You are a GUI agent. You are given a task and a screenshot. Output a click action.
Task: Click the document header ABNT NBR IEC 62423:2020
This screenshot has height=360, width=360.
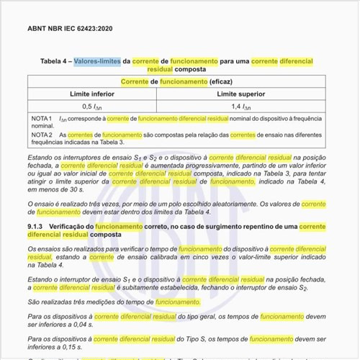[x=70, y=29]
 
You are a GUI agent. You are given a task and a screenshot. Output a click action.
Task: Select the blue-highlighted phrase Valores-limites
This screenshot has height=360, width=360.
[x=97, y=62]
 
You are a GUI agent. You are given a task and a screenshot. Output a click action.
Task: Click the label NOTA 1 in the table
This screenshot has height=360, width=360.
[x=42, y=117]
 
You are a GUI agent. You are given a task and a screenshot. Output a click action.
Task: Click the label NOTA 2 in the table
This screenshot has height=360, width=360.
[x=42, y=135]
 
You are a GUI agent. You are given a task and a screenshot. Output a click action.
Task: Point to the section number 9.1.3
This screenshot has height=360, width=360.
[x=37, y=226]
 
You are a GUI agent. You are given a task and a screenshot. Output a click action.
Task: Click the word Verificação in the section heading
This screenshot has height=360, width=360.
[x=81, y=226]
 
